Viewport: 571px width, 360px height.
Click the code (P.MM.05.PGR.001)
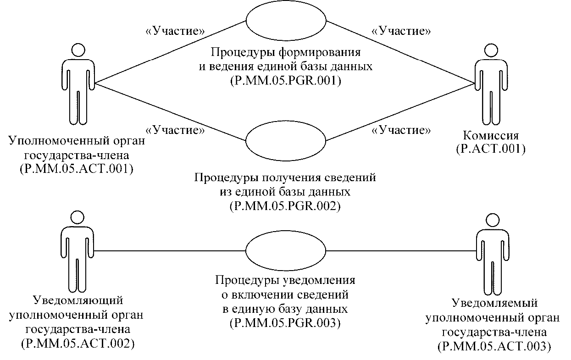[x=285, y=81]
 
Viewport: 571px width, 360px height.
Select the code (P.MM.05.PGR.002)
[x=285, y=205]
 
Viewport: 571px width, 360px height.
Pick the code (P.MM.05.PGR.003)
[x=285, y=323]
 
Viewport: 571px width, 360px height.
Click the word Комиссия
[x=491, y=136]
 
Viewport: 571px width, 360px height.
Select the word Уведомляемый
[x=494, y=304]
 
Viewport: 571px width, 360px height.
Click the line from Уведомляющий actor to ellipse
[x=170, y=251]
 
